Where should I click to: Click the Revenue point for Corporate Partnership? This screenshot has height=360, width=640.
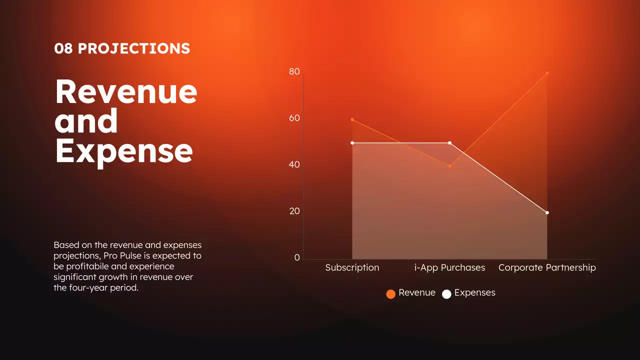click(547, 73)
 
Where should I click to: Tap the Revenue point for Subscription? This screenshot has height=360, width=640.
click(352, 119)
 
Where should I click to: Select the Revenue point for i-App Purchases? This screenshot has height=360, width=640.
click(449, 166)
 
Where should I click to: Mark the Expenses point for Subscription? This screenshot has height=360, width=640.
click(352, 143)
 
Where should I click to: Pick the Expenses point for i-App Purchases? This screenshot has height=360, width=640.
click(449, 143)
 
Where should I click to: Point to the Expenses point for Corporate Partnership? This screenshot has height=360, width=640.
click(547, 212)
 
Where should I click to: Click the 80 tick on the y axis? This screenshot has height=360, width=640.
click(294, 72)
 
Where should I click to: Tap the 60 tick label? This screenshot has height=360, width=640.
click(294, 118)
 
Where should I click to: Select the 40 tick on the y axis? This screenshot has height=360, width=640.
click(294, 165)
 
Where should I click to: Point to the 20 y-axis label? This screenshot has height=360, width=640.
click(294, 211)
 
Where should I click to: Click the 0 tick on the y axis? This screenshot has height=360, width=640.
click(297, 258)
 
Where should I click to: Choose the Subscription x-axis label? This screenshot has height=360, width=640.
click(352, 268)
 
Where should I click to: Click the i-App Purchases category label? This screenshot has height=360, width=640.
click(449, 268)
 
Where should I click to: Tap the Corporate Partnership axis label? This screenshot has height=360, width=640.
click(547, 268)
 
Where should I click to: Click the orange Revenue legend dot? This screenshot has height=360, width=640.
click(391, 294)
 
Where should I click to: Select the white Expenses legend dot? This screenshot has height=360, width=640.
click(446, 294)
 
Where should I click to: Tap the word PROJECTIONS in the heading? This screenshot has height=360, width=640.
click(134, 49)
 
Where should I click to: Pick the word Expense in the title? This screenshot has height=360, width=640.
click(123, 151)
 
